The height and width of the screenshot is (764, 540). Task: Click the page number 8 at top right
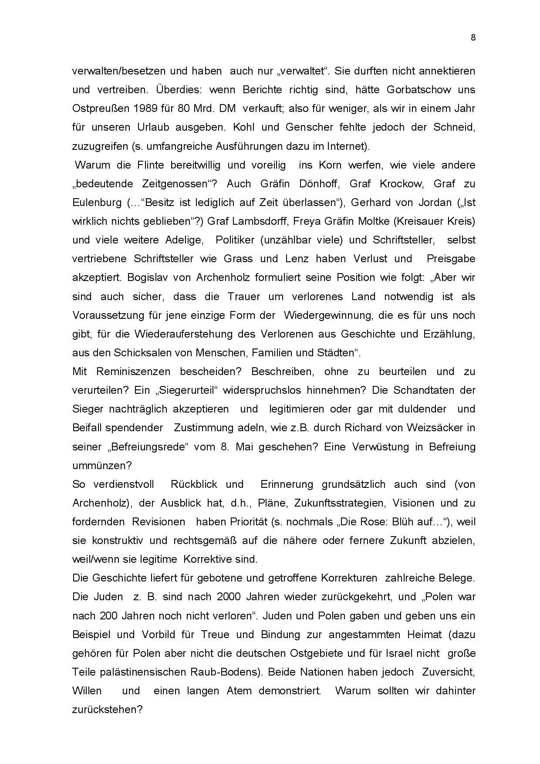tap(473, 37)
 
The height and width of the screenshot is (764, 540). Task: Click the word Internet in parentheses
tap(345, 146)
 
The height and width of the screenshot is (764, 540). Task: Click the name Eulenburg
tap(96, 203)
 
